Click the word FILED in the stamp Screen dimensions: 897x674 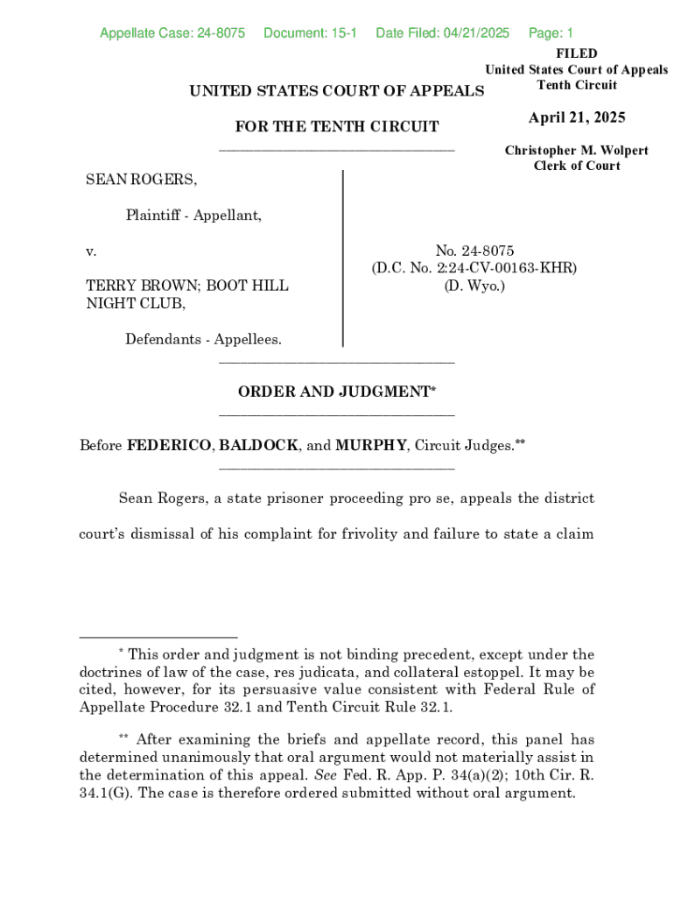(x=576, y=54)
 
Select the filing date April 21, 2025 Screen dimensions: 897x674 (x=576, y=118)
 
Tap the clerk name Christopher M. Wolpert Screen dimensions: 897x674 (x=576, y=151)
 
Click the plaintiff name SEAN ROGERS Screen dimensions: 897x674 (x=140, y=180)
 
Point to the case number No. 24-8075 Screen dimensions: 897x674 (x=474, y=251)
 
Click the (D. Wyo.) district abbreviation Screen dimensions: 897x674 (x=474, y=286)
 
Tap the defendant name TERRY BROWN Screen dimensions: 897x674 (x=139, y=286)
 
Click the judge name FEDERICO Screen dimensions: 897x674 (x=169, y=446)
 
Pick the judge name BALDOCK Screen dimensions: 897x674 (x=258, y=446)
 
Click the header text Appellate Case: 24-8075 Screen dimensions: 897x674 (x=172, y=33)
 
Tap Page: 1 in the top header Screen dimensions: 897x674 (x=551, y=33)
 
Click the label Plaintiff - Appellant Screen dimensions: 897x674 (x=193, y=215)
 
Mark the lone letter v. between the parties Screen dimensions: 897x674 (x=91, y=251)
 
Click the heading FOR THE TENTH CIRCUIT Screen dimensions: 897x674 (x=337, y=127)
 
